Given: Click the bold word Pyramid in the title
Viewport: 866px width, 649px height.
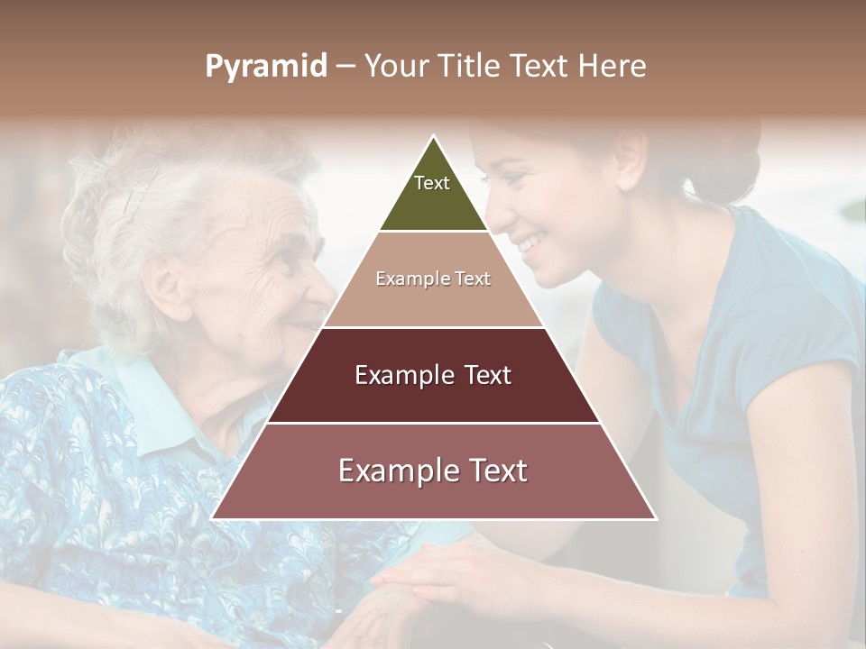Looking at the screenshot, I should [x=266, y=67].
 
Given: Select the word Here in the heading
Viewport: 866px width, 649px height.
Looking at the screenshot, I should [x=613, y=67].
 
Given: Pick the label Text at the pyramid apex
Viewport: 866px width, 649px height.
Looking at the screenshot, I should [x=432, y=183].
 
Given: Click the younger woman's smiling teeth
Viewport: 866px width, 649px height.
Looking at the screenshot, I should [x=532, y=242].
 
